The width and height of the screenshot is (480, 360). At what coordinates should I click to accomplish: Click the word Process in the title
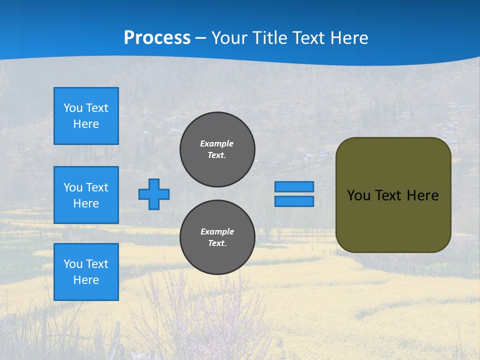pos(157,38)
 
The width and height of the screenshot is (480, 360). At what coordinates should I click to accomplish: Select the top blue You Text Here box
pos(86,116)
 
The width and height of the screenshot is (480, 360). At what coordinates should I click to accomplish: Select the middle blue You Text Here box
pos(86,195)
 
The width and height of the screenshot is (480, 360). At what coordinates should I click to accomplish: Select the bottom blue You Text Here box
pos(86,272)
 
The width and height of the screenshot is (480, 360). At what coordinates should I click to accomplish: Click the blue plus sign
pos(154,194)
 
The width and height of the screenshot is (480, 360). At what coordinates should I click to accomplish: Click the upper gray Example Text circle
pos(217,149)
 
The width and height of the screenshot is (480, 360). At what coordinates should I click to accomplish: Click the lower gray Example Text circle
pos(217,237)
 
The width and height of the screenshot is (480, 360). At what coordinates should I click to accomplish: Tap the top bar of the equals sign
pos(294,186)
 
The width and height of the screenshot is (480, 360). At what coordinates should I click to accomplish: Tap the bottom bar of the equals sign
pos(294,201)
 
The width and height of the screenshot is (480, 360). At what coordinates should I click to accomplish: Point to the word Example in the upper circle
pos(216,143)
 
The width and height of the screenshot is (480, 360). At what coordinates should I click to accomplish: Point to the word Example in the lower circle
pos(217,231)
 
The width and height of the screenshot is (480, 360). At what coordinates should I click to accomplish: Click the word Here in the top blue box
pos(86,124)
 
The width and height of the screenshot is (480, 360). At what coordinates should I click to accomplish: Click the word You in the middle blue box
pos(72,187)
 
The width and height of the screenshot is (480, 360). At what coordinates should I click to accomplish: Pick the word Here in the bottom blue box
pos(86,280)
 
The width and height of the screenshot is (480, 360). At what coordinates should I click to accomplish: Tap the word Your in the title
pos(228,38)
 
